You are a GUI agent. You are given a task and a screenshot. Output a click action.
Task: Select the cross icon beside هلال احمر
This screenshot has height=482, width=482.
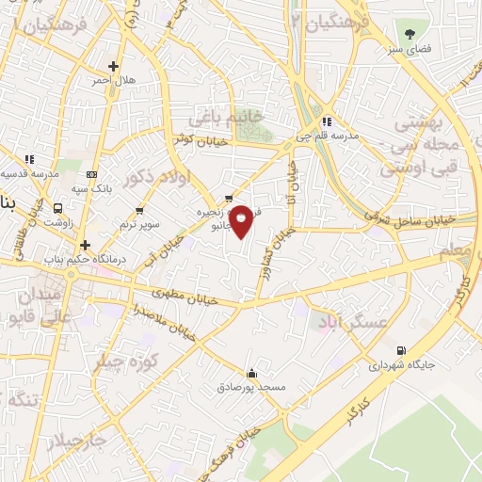pos(114,66)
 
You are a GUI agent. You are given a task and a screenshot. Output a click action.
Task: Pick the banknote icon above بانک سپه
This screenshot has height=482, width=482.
pos(92,174)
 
